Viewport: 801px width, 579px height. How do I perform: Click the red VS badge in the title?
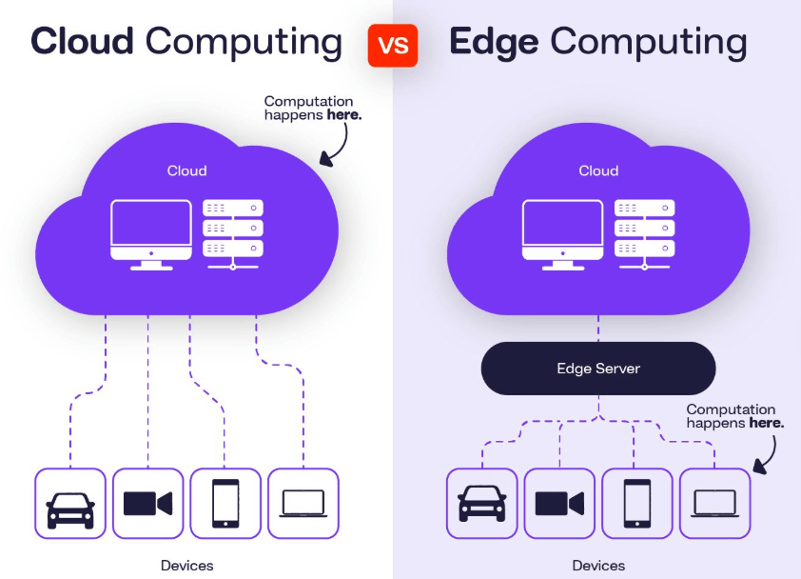393,45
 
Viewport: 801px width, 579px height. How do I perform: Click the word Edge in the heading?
495,43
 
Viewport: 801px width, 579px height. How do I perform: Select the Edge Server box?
597,368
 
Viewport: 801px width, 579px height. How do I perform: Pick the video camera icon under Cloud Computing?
148,503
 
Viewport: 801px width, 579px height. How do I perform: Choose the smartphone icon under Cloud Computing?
225,503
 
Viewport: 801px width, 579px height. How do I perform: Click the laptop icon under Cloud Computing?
303,503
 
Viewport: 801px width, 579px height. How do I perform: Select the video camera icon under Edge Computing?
559,503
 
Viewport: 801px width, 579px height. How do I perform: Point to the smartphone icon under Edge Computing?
636,503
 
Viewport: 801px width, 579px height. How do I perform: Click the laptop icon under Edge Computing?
714,503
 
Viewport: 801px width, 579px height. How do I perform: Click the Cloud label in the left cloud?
186,171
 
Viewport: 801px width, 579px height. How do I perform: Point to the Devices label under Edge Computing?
598,566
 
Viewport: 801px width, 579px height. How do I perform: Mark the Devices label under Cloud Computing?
187,566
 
